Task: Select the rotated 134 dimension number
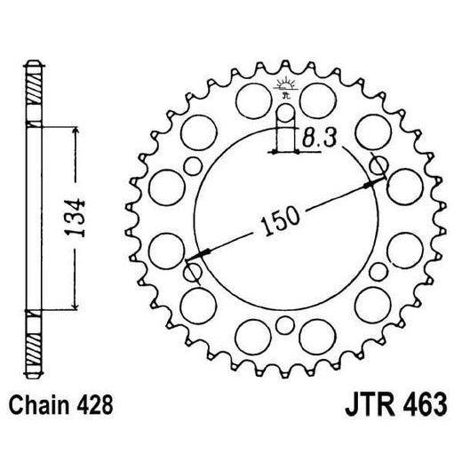[x=80, y=216]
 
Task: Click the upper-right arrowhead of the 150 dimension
[x=375, y=181]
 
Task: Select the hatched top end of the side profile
[x=33, y=89]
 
